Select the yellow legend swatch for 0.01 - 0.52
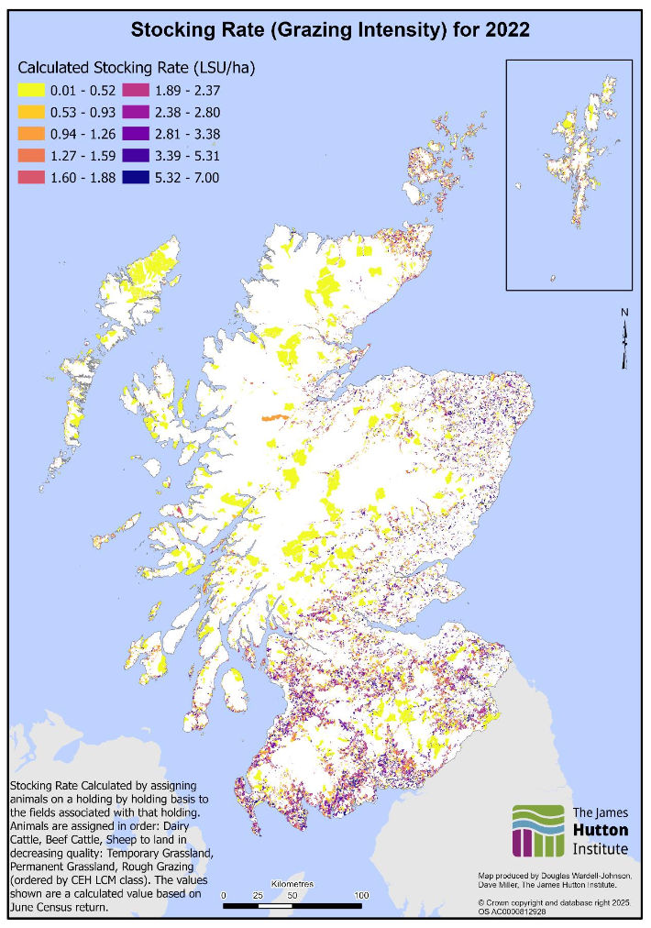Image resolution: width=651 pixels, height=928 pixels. coord(34,90)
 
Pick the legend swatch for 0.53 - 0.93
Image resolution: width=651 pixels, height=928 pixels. coord(34,112)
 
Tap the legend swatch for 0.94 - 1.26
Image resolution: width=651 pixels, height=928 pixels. coord(34,134)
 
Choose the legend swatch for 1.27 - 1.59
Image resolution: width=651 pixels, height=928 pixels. coord(34,156)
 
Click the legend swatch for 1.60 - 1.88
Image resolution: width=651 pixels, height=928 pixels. coord(34,178)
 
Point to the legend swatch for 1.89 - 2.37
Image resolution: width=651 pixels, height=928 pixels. coord(136,90)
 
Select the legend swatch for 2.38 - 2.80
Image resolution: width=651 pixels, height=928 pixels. coord(136,112)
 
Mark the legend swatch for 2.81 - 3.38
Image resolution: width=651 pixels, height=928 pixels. coord(136,134)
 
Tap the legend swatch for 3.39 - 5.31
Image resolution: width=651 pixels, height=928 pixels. coord(136,156)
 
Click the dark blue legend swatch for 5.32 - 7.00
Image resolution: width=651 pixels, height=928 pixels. coord(136,178)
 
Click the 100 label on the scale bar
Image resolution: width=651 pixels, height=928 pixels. coord(361,894)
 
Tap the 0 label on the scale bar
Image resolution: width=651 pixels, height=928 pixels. coord(224,894)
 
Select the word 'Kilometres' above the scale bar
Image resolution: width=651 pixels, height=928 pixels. coord(292,884)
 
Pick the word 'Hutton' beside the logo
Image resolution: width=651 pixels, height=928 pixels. coord(600,830)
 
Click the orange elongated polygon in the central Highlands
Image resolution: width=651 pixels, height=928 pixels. coord(273,417)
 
